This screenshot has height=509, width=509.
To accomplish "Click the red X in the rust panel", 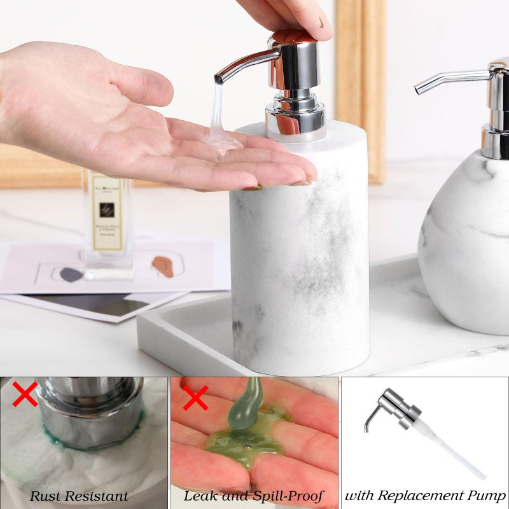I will (25, 394).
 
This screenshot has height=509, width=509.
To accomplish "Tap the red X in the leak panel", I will (195, 398).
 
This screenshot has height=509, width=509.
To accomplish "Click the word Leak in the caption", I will (199, 496).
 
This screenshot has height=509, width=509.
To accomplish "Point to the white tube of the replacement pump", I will (455, 451).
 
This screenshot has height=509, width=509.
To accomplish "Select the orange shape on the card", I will (163, 266).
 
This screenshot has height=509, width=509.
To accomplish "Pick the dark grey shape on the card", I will (71, 274).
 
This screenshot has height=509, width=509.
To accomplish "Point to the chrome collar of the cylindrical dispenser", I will (295, 121).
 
